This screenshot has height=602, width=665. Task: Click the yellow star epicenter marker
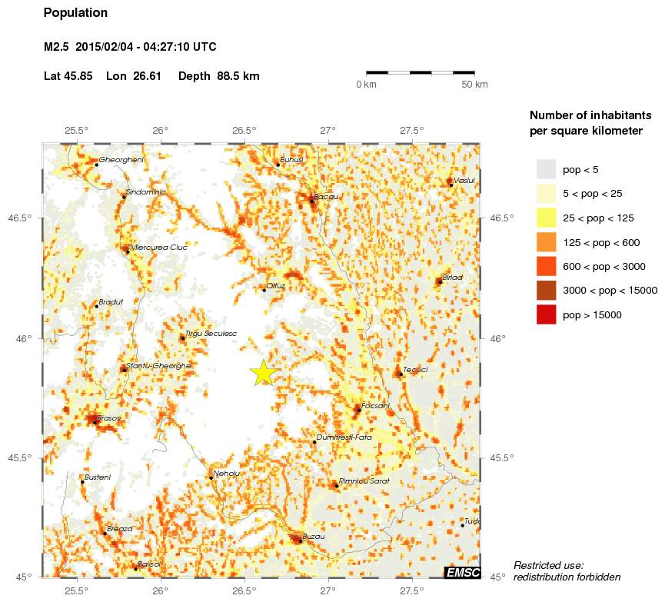point(263,371)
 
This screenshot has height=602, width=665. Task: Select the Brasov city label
point(109,417)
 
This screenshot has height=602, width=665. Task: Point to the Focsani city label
point(376,404)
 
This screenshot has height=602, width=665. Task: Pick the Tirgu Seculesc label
point(211,333)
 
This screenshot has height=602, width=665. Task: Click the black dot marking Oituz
point(264,290)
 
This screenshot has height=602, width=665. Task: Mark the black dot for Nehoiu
point(211,477)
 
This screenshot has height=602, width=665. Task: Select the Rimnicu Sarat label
point(364,481)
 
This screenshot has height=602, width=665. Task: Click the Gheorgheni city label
point(121,159)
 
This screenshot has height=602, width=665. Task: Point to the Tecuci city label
point(415,369)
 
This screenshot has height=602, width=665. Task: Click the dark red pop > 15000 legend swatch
point(546,314)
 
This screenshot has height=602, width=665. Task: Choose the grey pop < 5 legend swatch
point(546,169)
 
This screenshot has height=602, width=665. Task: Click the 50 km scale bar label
point(474,84)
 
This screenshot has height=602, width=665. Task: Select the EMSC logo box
point(463,572)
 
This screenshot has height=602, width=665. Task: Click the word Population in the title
point(76,13)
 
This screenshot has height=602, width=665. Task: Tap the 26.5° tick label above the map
point(244,130)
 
